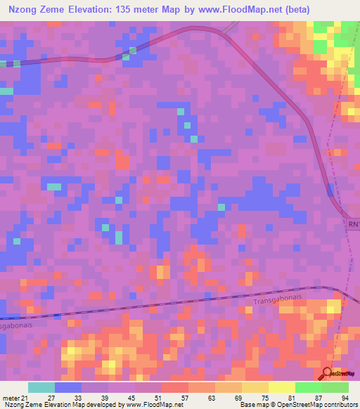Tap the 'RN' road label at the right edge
[352, 224]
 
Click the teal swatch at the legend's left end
[41, 387]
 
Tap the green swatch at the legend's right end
[335, 387]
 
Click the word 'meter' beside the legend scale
[11, 398]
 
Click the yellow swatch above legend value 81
[281, 387]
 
